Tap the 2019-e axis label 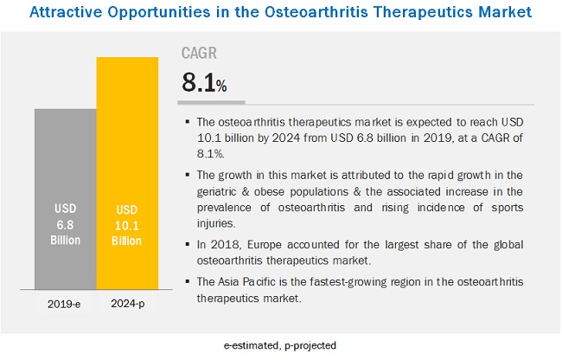pyautogui.click(x=65, y=304)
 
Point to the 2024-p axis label pyautogui.click(x=127, y=304)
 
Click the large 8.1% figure pyautogui.click(x=204, y=83)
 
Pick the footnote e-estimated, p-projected pyautogui.click(x=280, y=346)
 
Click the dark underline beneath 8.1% pyautogui.click(x=213, y=100)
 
